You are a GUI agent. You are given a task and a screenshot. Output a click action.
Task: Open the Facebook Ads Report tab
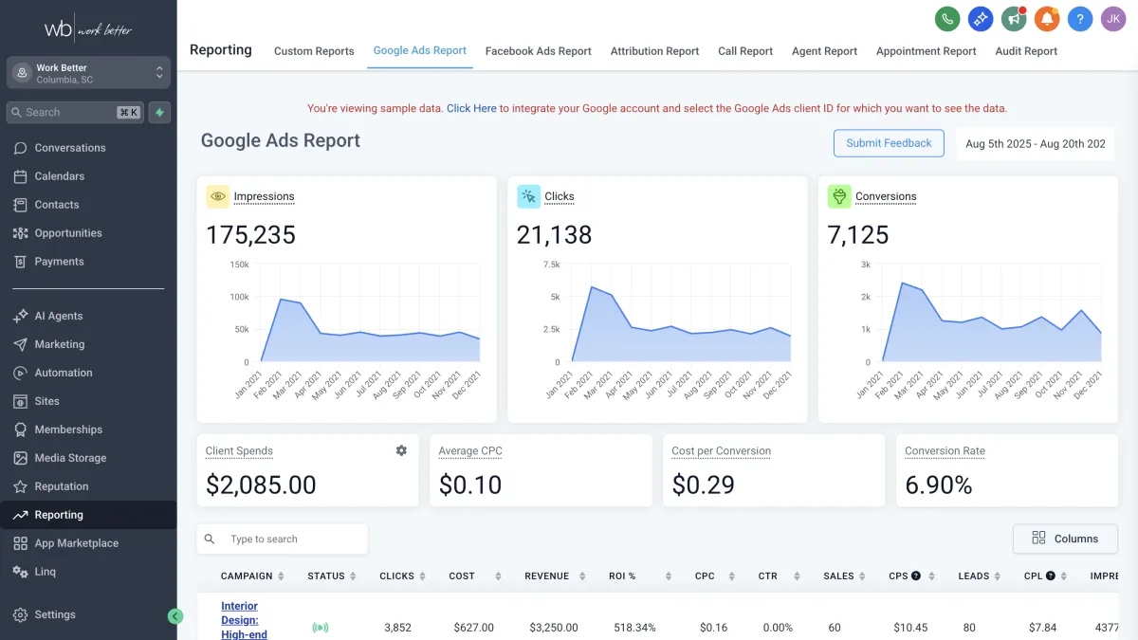(538, 51)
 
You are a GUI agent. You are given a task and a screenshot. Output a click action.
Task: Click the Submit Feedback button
(889, 143)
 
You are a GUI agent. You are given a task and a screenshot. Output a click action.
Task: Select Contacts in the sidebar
(57, 205)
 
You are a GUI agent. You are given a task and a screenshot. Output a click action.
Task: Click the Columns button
(1065, 539)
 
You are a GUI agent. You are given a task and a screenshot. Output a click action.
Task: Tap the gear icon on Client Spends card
(401, 450)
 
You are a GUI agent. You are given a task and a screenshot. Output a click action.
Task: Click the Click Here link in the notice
(471, 108)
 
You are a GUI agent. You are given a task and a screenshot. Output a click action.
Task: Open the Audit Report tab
(1026, 51)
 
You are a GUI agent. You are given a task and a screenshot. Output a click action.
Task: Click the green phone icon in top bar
(946, 18)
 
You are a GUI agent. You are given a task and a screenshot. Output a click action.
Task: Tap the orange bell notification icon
(1047, 18)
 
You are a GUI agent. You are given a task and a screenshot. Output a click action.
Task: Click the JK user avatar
(1113, 18)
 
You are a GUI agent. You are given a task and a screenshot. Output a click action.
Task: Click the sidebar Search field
(66, 112)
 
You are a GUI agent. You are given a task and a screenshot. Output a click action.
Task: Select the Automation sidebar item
(64, 373)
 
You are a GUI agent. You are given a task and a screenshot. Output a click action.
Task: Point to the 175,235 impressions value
(250, 235)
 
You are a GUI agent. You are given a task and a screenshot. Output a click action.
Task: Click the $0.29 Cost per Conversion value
(703, 485)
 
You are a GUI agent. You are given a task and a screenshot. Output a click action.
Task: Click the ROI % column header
(622, 576)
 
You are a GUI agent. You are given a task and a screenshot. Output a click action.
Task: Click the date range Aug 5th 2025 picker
(1035, 144)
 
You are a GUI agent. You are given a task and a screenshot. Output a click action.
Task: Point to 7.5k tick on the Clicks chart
(551, 265)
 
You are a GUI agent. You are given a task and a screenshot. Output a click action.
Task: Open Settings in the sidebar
(55, 614)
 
